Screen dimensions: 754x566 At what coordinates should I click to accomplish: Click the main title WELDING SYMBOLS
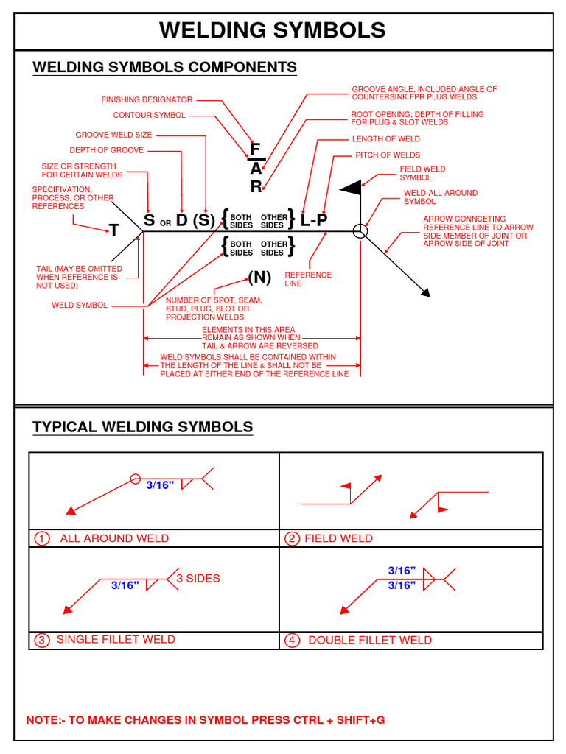point(272,30)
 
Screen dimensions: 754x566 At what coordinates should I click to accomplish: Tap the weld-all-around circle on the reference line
point(359,231)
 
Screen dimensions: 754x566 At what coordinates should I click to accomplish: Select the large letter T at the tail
point(114,230)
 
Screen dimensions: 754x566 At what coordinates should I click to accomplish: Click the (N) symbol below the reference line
point(259,278)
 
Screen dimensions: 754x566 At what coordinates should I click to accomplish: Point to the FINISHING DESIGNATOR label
point(147,99)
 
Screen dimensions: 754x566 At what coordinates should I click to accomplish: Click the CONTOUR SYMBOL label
point(149,116)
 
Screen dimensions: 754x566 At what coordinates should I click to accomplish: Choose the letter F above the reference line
point(255,149)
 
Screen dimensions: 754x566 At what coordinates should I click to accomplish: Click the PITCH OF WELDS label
point(388,155)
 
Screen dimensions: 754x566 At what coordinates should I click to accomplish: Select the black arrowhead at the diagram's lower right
point(425,292)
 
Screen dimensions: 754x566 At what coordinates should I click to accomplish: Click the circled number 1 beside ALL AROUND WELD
point(41,538)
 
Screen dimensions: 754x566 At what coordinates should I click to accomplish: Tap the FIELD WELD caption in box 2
point(338,538)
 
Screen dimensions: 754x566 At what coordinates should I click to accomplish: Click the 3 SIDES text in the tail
point(198,579)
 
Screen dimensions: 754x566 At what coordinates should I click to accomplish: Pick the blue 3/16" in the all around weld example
point(160,485)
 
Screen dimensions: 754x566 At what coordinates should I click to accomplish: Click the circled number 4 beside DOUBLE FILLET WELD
point(293,640)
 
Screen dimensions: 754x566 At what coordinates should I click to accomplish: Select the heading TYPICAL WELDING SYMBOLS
point(142,427)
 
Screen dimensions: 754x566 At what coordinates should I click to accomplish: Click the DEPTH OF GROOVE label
point(107,150)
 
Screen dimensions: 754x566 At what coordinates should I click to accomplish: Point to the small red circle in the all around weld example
point(135,479)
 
